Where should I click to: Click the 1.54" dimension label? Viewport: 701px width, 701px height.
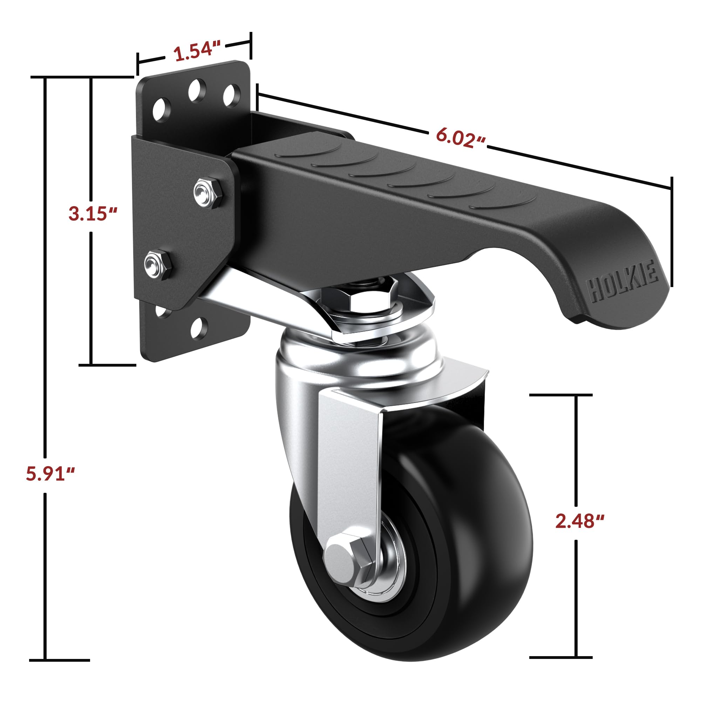[197, 52]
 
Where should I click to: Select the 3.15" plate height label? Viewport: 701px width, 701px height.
[93, 213]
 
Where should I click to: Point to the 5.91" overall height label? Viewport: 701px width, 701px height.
[50, 474]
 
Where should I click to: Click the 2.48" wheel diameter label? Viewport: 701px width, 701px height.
[579, 521]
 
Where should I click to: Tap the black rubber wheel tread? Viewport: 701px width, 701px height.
[472, 544]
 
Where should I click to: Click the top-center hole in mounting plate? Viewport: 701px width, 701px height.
[197, 91]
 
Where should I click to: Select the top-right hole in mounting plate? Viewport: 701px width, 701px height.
[231, 96]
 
